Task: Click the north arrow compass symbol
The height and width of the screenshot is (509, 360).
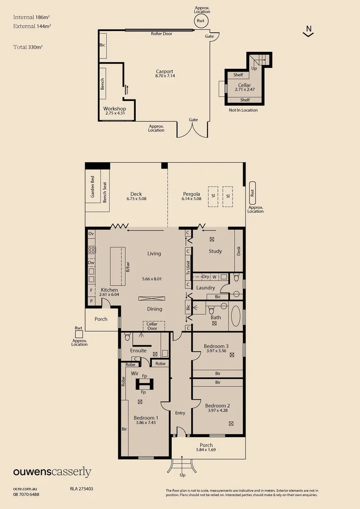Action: pos(308,32)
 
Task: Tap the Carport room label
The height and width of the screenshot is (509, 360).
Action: pos(165,72)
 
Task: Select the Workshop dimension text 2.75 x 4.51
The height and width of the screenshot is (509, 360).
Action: pos(115,113)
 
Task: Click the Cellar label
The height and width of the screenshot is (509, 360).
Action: pos(245,85)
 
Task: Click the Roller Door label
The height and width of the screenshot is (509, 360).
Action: pos(162,34)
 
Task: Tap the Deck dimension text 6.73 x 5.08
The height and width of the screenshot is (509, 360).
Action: pos(136,199)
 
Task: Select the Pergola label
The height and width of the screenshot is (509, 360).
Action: pos(192,194)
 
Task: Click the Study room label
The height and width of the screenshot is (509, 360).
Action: pos(215,251)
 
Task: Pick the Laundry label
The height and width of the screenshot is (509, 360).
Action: pos(205,287)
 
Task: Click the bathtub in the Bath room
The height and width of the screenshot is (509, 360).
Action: pos(236,317)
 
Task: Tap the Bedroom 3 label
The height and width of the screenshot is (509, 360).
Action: pos(216,346)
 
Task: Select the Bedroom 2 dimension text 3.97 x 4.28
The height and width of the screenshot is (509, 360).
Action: pos(218,410)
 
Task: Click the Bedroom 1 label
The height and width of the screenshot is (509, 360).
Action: pos(146,418)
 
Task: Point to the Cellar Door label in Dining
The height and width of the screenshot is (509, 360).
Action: pos(152,326)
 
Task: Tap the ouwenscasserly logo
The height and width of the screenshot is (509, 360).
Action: pos(52,472)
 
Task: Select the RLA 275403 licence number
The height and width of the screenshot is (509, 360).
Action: pos(82,489)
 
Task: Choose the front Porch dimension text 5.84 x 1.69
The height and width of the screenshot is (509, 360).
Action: pos(206,450)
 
